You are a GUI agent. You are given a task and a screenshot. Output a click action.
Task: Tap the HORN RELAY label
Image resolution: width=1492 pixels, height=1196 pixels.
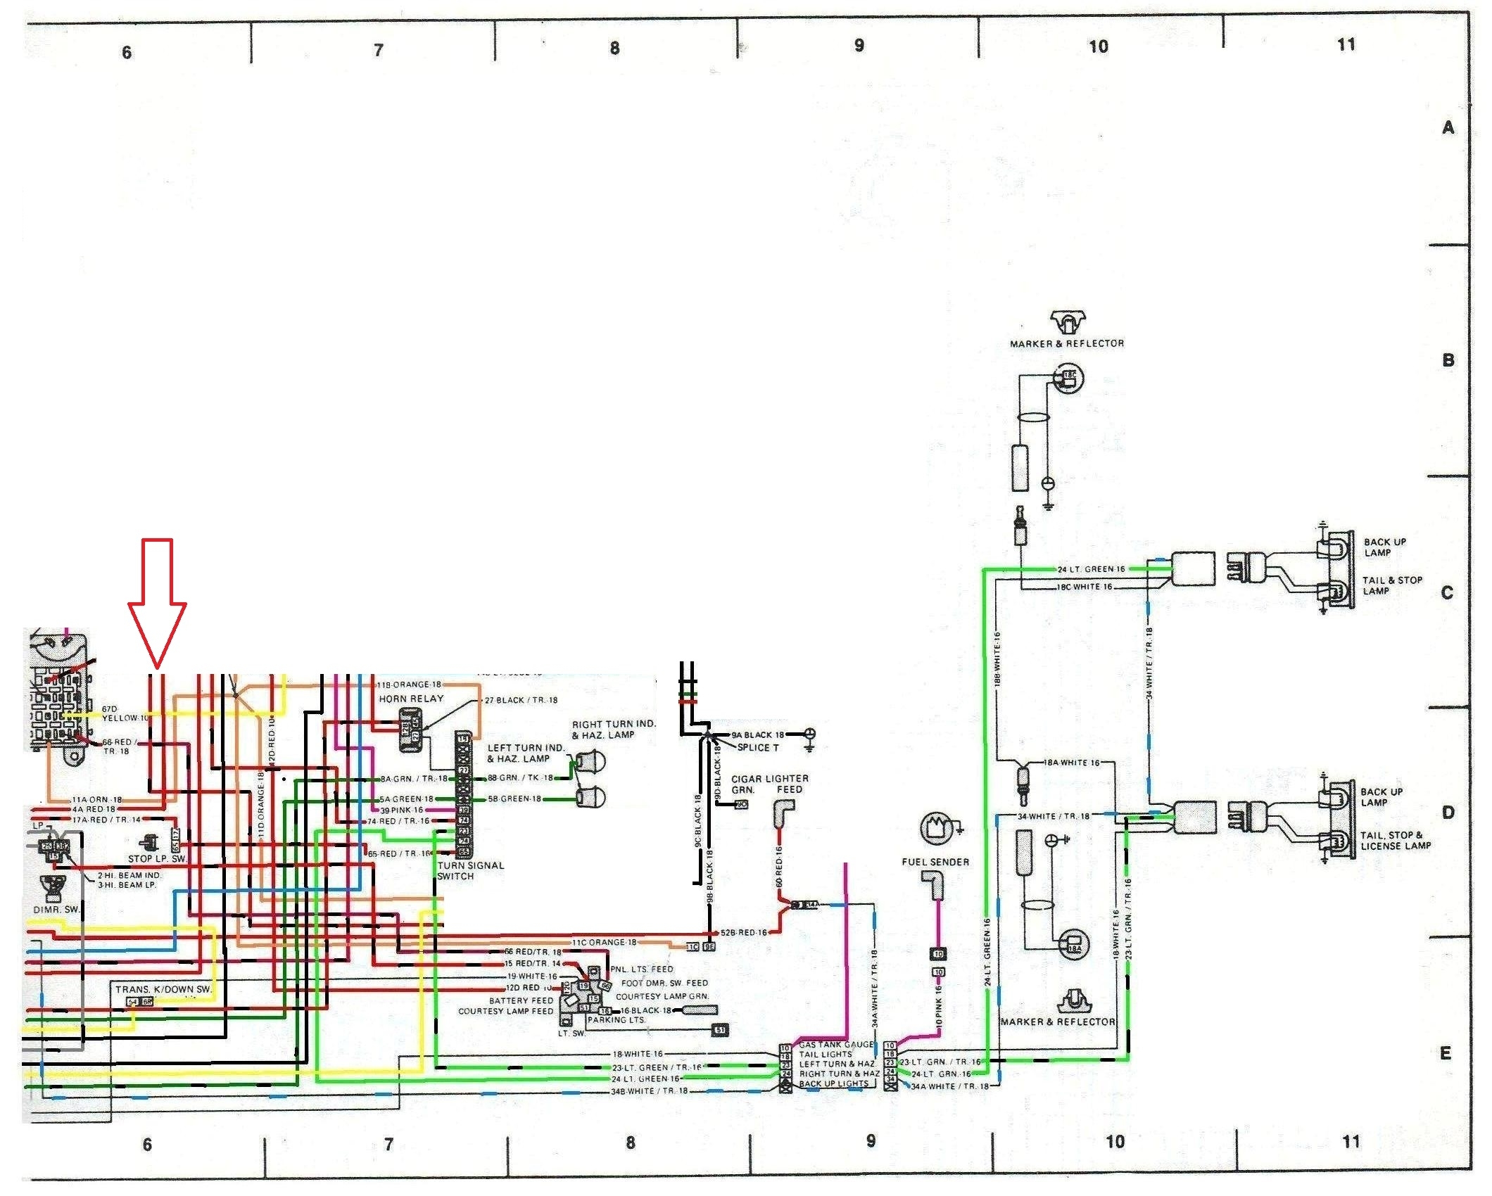[x=411, y=699]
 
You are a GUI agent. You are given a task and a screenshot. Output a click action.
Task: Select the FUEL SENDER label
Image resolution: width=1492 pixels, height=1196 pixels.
[x=935, y=862]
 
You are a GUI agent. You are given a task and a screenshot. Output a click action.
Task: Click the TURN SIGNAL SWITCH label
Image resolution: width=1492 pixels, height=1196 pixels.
[x=470, y=871]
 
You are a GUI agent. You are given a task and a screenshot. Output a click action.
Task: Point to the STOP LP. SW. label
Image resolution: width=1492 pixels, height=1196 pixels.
[x=158, y=859]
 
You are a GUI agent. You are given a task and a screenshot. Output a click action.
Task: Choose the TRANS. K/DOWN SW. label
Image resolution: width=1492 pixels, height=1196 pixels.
[x=163, y=989]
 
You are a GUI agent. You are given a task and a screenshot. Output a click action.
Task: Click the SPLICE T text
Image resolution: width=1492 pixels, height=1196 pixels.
[x=758, y=747]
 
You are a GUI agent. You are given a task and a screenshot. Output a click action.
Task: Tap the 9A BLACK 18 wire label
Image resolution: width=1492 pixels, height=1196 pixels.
[x=758, y=734]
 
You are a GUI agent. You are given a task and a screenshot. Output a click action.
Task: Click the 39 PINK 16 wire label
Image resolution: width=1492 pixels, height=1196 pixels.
[x=402, y=810]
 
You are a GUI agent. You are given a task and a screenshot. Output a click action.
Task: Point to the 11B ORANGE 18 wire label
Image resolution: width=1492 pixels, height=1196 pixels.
[x=409, y=685]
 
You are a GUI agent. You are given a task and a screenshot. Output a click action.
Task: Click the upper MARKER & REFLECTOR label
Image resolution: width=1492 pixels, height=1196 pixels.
[x=1067, y=343]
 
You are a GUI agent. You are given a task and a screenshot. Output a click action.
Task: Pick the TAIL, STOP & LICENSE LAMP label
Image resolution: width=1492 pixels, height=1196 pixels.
[x=1395, y=841]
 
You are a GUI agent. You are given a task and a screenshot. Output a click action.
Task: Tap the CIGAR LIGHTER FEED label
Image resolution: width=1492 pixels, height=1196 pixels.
[x=770, y=784]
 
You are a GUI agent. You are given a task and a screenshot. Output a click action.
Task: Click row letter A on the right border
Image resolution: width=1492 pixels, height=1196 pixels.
[x=1448, y=127]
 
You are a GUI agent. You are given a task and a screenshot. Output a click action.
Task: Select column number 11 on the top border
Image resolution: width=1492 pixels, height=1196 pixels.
[x=1346, y=45]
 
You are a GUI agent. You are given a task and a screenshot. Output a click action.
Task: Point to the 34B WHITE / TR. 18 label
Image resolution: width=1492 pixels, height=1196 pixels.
[x=649, y=1091]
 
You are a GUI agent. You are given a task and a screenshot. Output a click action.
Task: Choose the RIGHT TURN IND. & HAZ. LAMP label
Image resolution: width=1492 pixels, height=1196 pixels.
[x=613, y=729]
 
